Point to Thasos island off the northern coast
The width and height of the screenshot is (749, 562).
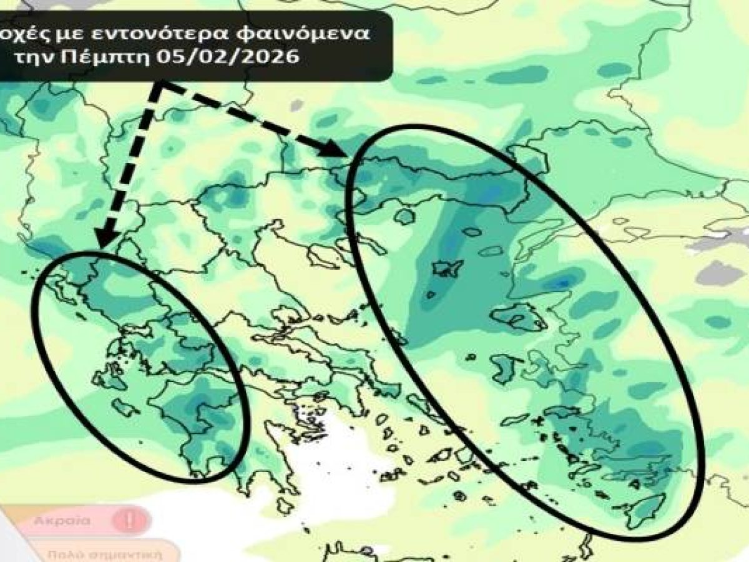(405, 217)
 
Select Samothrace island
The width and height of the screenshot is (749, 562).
(471, 232)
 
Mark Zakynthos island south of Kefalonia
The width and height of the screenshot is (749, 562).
(129, 409)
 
